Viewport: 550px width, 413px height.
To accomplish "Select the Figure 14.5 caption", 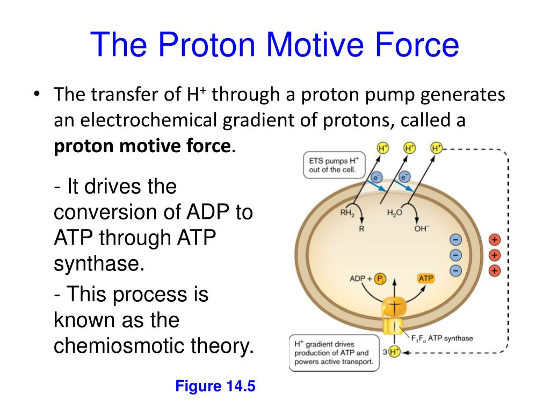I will click(x=214, y=387).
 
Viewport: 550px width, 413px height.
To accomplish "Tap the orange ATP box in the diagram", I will click(x=425, y=278).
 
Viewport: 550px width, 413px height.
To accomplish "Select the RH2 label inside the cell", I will click(x=348, y=213).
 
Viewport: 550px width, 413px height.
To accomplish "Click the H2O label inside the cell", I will click(x=395, y=213).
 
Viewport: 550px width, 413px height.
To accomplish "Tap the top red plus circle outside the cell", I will click(x=494, y=239).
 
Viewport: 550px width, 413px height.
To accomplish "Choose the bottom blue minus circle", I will click(x=455, y=270).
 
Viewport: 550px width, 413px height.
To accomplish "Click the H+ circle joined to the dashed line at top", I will click(x=436, y=148).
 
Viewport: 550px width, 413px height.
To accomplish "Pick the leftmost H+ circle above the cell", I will click(x=383, y=148).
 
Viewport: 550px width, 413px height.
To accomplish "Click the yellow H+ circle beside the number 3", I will click(x=394, y=352).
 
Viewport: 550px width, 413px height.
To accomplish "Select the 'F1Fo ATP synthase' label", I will click(x=442, y=338).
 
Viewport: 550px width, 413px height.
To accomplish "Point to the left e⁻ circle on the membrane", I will click(x=376, y=176).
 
